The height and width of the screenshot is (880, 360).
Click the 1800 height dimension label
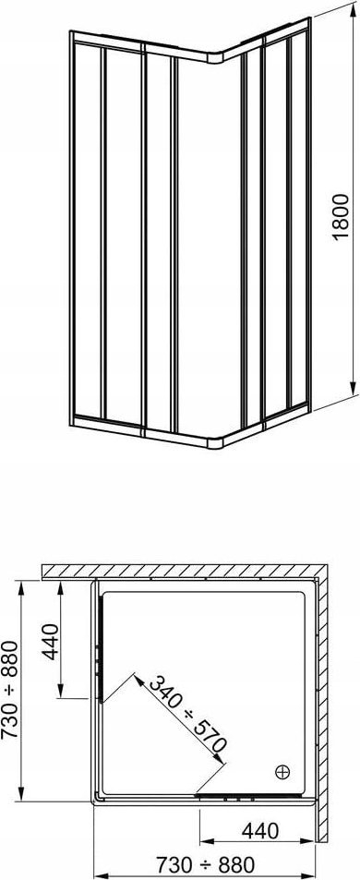coord(341,217)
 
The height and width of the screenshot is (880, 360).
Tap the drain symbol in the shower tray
coord(282,772)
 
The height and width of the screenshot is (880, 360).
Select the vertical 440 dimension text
coord(51,642)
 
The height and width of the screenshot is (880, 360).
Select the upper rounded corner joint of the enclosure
coord(216,56)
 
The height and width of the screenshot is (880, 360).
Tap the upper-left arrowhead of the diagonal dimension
coord(138,679)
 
